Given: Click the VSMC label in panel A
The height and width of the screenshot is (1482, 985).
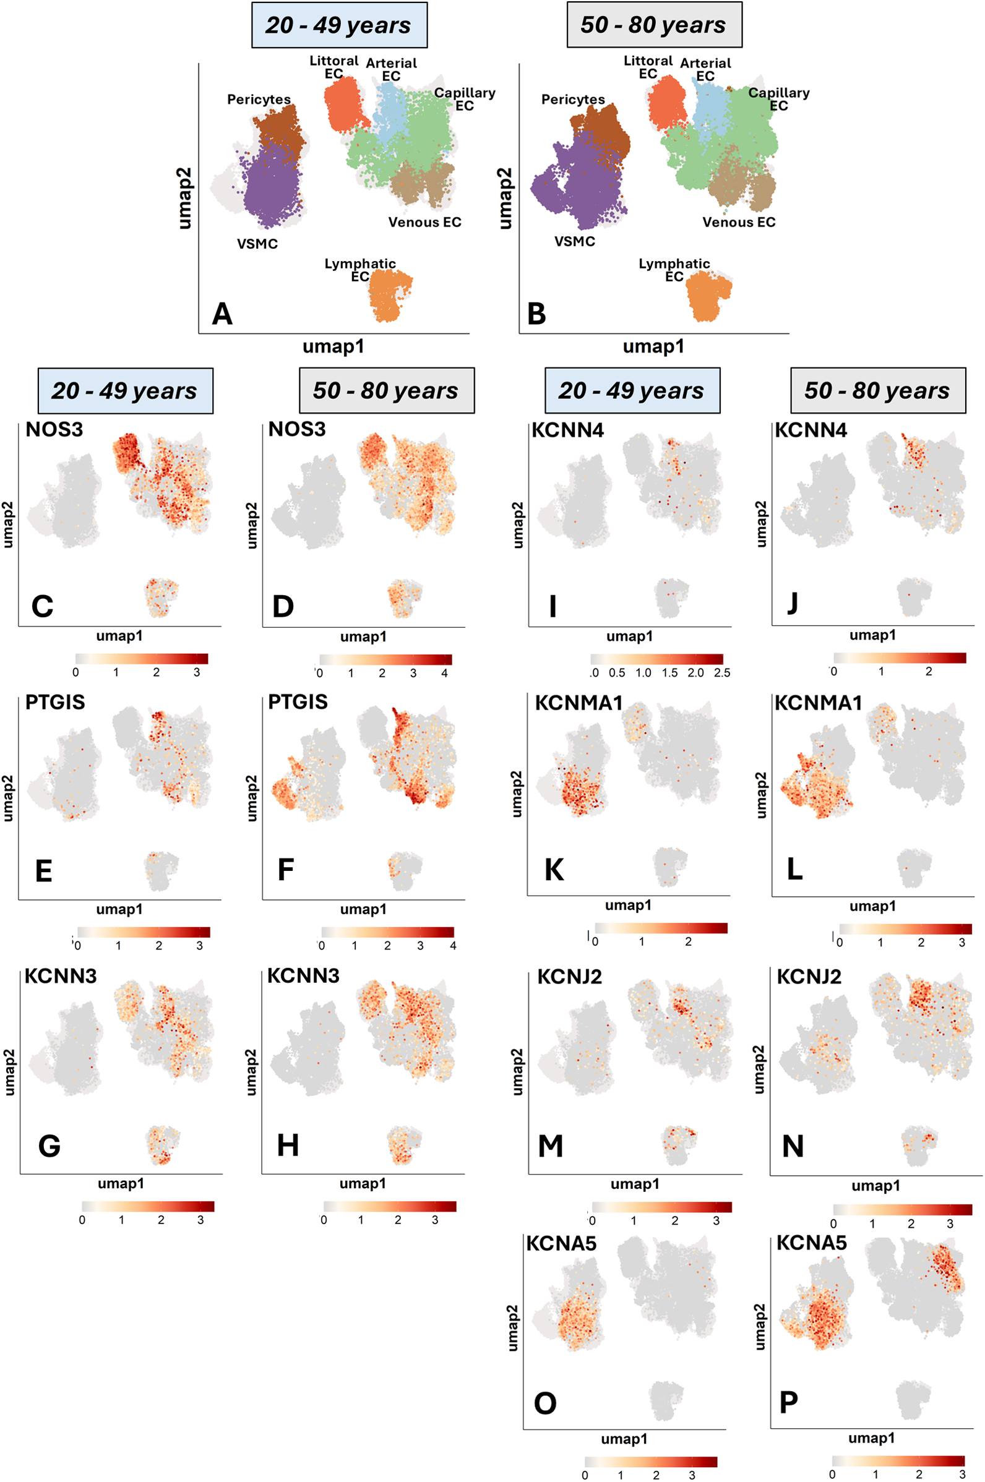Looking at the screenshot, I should (x=257, y=244).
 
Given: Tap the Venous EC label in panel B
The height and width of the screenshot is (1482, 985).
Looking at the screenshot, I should (x=738, y=222).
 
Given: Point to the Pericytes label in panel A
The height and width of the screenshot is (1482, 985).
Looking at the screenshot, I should (x=259, y=99).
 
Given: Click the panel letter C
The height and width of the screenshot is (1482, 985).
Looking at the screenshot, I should (x=42, y=607).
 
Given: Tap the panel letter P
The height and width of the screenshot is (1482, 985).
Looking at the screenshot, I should (x=788, y=1402).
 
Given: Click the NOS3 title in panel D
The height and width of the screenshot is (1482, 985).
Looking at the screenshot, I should (x=296, y=429).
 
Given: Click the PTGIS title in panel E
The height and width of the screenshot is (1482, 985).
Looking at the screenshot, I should (x=54, y=702).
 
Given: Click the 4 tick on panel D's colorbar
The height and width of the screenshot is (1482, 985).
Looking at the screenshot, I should (x=444, y=673).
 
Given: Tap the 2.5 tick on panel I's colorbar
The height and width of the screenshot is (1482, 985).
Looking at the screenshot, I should (x=722, y=672).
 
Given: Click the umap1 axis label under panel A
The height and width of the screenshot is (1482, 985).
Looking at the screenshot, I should (x=333, y=346).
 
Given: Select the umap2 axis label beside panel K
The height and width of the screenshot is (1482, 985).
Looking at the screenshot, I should (x=517, y=794).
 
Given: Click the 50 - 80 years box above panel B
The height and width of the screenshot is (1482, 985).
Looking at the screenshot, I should (x=653, y=25).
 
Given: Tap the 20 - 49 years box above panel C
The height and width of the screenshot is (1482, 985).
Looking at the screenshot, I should (x=124, y=390).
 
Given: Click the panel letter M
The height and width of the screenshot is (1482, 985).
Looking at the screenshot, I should (x=550, y=1147).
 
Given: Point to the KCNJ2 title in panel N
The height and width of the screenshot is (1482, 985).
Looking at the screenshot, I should (x=809, y=977).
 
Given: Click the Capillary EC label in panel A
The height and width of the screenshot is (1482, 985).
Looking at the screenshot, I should (x=464, y=99).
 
